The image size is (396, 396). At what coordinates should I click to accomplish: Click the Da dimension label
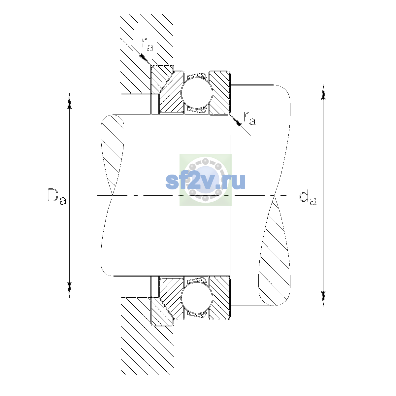click(x=57, y=197)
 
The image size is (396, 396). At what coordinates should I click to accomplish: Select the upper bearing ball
click(x=197, y=93)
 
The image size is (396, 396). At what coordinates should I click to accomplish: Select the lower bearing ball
click(x=197, y=297)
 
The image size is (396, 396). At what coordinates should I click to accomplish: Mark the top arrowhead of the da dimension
click(x=323, y=92)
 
